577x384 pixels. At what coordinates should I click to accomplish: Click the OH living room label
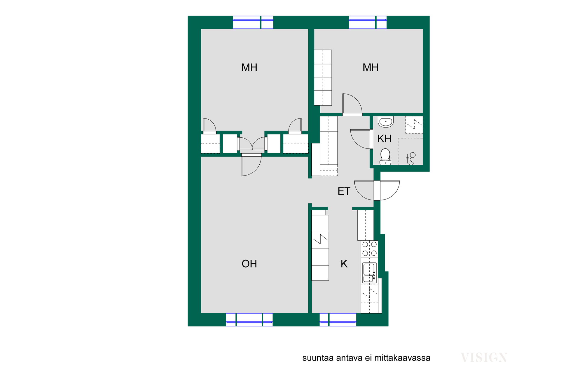point(249,264)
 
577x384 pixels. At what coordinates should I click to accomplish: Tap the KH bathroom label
point(384,139)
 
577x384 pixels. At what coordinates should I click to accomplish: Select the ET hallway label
point(344,191)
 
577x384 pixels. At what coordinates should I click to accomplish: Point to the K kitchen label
point(344,264)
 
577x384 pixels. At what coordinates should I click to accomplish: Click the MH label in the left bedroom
point(249,67)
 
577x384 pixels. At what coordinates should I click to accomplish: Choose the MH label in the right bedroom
point(371,67)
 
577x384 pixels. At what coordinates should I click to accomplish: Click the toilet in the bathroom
point(385,157)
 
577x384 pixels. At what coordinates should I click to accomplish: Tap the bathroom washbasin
point(386,121)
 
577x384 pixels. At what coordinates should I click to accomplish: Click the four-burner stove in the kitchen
point(369,249)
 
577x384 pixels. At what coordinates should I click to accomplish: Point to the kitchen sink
point(369,273)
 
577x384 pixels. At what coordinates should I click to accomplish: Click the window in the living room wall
point(249,320)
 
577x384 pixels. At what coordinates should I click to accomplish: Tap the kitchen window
point(338,320)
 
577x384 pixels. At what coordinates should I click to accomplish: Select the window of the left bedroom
point(253,22)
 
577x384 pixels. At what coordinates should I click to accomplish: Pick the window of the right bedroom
point(368,22)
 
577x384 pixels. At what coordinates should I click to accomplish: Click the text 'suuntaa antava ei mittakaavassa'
point(366,358)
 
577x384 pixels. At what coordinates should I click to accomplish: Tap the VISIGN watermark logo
point(484,358)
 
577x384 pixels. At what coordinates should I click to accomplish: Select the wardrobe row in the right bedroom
point(323,78)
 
